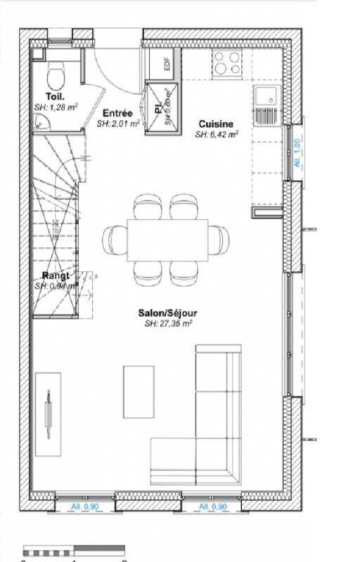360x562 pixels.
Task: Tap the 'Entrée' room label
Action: [x=117, y=113]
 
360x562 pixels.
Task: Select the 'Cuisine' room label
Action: [x=216, y=123]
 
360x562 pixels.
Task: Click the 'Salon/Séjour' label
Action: [x=168, y=313]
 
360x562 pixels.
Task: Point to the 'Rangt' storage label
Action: [x=56, y=275]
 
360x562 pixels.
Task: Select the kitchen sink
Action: [x=266, y=98]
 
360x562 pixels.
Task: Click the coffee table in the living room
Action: [x=139, y=391]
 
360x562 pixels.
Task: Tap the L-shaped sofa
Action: [x=211, y=421]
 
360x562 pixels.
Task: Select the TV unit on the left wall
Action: [x=48, y=408]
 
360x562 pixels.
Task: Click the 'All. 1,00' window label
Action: [x=297, y=152]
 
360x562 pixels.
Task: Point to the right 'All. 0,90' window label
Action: [x=212, y=507]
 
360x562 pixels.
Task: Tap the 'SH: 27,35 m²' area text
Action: [x=168, y=324]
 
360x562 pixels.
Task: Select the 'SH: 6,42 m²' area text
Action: [x=216, y=133]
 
